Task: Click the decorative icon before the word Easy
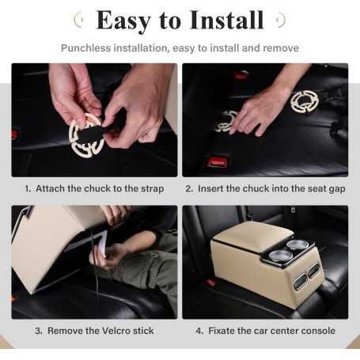tap(78, 20)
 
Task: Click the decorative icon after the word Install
tap(280, 20)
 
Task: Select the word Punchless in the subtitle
tap(86, 48)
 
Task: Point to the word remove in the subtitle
tap(279, 48)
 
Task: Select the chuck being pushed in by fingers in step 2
tap(227, 122)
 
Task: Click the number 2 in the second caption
tap(188, 189)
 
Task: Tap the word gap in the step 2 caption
tap(335, 189)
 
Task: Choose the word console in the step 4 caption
tap(316, 330)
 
